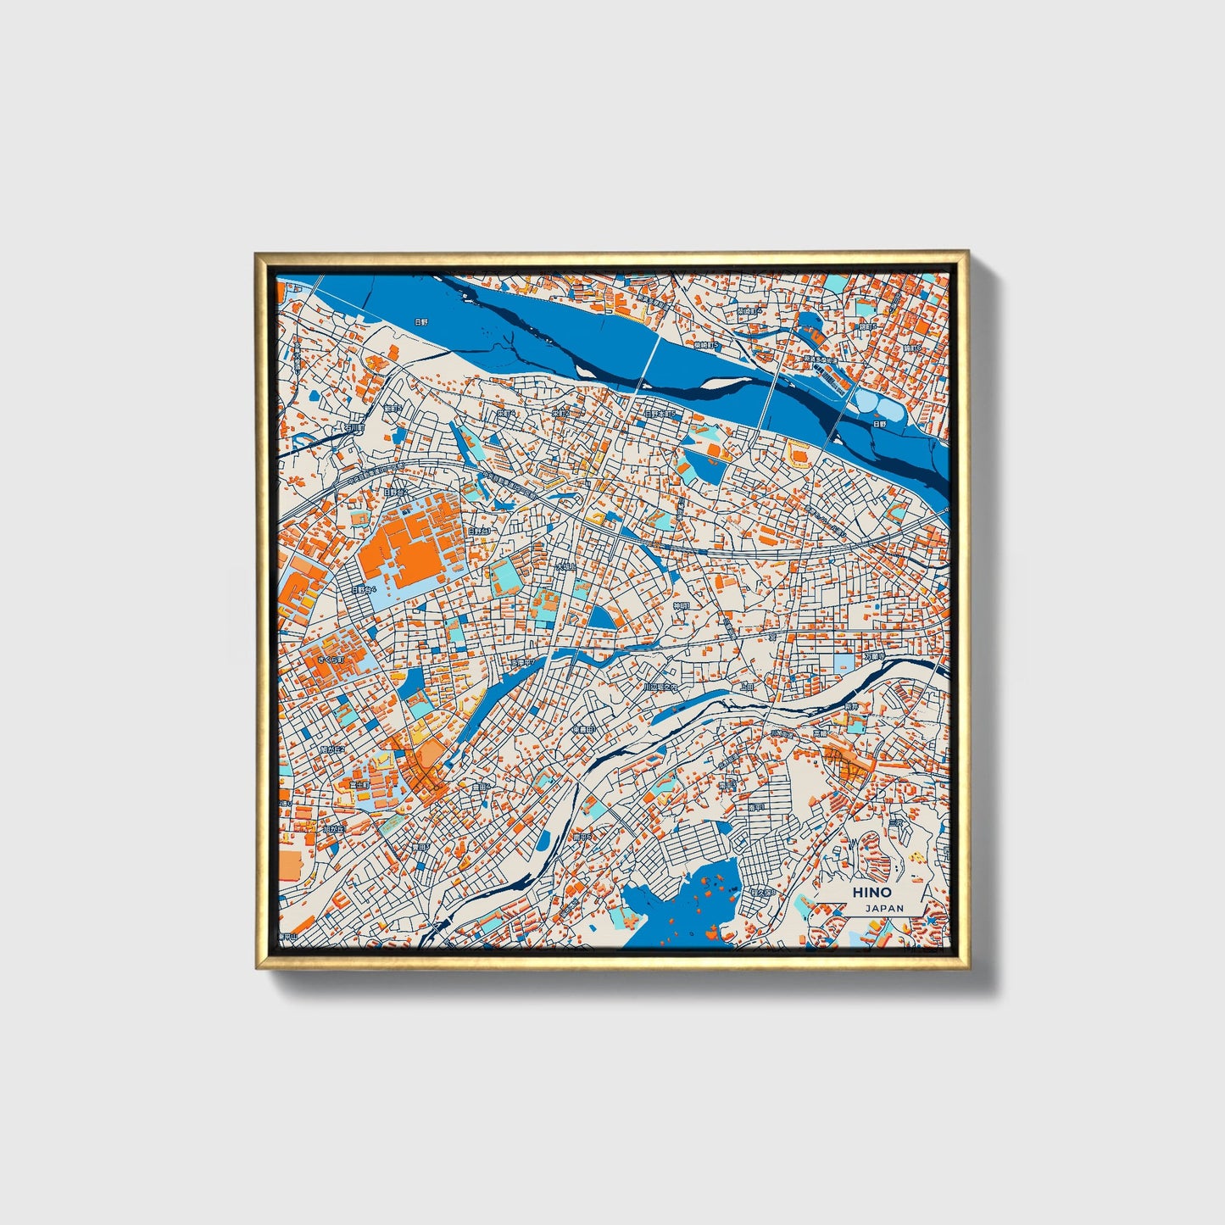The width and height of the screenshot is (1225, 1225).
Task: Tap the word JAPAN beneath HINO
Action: point(884,908)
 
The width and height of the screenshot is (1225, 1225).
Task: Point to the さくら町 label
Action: point(327,659)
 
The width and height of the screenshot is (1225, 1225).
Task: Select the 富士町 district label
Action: point(345,785)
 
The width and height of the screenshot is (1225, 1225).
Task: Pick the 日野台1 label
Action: point(480,532)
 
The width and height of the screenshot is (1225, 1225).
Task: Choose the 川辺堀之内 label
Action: point(660,687)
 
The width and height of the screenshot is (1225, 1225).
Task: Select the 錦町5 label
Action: point(866,326)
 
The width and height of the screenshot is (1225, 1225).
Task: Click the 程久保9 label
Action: point(760,892)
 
